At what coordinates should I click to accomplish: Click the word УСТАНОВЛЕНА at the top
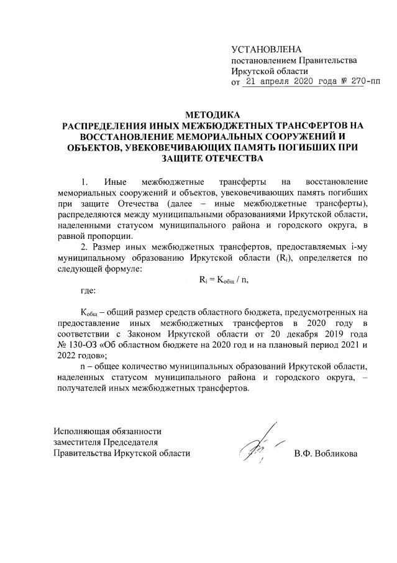[x=266, y=49]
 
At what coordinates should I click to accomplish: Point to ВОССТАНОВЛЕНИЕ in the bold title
[x=130, y=136]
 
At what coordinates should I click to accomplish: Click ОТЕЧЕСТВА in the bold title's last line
[x=234, y=158]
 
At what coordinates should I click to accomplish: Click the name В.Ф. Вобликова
[x=326, y=454]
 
